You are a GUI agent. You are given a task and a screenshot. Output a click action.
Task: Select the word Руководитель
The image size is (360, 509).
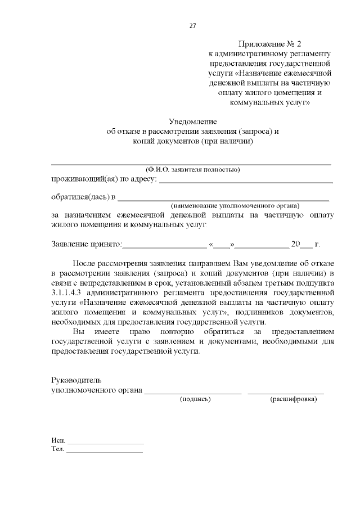click(x=76, y=380)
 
